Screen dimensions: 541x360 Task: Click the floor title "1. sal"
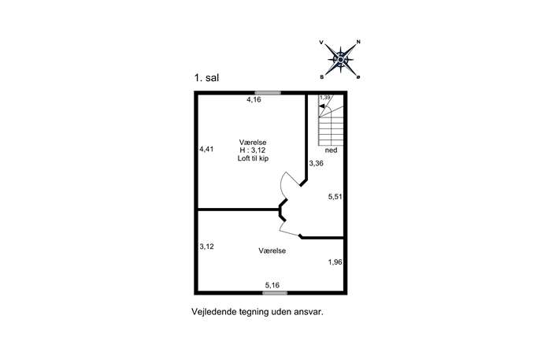(x=206, y=78)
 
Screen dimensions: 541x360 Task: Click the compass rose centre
(x=340, y=60)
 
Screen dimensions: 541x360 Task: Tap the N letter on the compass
(x=358, y=42)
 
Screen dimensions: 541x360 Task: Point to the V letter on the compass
(x=321, y=43)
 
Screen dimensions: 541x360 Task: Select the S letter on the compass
(x=322, y=77)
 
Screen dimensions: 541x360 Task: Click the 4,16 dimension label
(x=254, y=100)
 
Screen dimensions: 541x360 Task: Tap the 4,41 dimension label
(x=206, y=149)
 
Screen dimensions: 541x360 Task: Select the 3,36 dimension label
(x=316, y=163)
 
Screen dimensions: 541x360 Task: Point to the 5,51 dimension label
(x=335, y=197)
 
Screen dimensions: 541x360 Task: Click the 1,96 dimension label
(x=335, y=262)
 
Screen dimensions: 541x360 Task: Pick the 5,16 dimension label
(x=272, y=285)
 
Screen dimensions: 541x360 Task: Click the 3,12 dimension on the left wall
(x=206, y=247)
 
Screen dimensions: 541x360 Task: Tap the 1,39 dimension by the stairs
(x=325, y=98)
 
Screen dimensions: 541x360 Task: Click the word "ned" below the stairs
(x=332, y=150)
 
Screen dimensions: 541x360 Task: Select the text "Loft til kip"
(x=253, y=158)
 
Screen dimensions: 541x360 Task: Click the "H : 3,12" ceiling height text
(x=253, y=150)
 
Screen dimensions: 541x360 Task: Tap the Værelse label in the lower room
(x=272, y=251)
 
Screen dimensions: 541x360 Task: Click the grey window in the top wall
(x=268, y=92)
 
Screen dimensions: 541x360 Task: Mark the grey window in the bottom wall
(x=275, y=293)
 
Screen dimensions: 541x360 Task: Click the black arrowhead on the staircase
(x=321, y=106)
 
